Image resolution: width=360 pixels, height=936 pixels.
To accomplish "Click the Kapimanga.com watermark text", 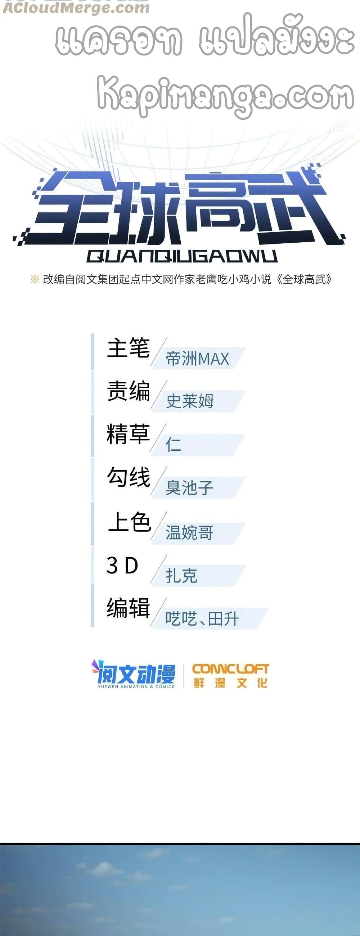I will click(225, 95).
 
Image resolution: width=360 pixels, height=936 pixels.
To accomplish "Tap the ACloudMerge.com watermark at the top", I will click(76, 8).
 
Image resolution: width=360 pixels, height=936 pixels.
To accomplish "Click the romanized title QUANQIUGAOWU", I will click(182, 256).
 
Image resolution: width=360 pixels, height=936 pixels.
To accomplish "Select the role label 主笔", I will click(128, 348).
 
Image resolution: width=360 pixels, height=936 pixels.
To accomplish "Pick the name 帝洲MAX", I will click(197, 359).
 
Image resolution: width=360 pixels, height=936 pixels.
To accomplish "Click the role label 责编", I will click(128, 391).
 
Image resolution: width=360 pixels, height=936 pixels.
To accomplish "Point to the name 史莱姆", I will click(190, 401).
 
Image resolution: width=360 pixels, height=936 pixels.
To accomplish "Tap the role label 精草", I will click(128, 434).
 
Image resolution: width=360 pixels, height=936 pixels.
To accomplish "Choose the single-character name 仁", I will click(173, 444).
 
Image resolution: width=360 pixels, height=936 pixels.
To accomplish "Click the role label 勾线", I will click(128, 477).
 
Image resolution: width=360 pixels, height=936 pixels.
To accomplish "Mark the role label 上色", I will click(129, 522).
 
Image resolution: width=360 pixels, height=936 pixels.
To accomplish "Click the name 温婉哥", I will click(189, 533).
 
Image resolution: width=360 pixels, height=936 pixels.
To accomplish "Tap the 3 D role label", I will click(122, 565).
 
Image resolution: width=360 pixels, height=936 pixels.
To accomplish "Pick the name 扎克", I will click(181, 576).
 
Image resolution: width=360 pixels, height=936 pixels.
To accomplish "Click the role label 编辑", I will click(128, 608).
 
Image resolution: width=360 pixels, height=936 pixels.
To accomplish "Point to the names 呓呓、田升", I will click(202, 619).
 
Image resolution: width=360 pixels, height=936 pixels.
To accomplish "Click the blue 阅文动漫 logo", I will click(134, 674).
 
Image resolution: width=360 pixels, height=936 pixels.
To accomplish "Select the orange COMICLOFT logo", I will click(230, 675).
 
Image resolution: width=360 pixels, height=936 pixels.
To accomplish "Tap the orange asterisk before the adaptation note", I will click(35, 279).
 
